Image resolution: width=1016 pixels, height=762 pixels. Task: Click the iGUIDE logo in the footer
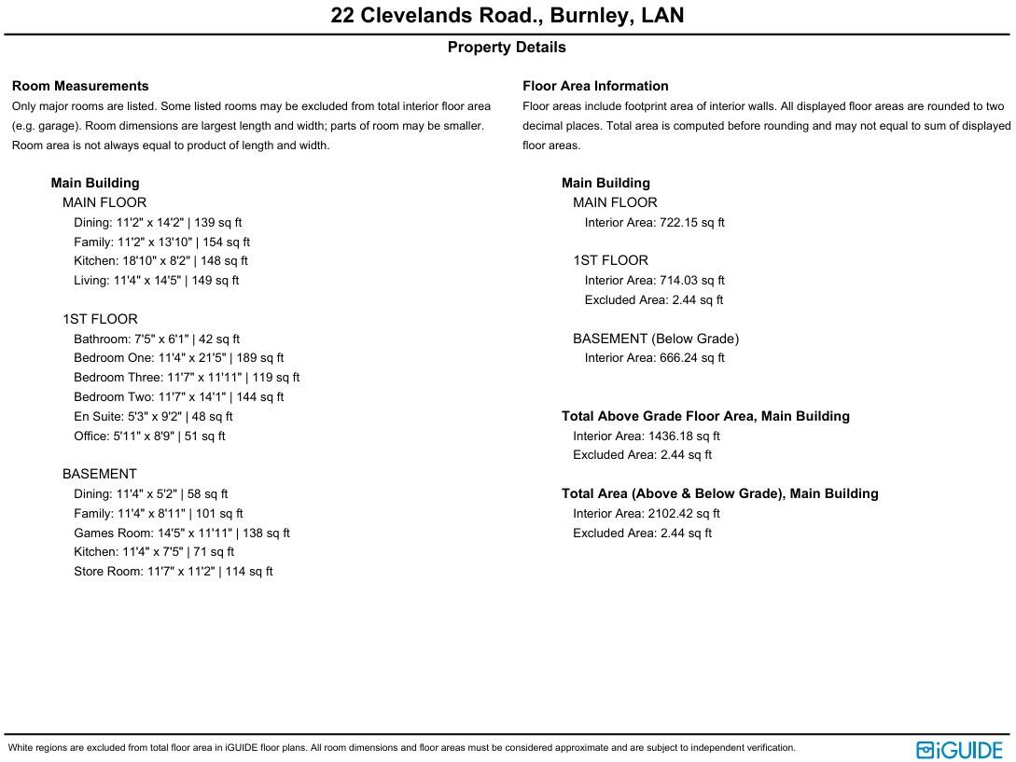click(959, 750)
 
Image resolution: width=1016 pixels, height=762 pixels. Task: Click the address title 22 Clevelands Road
click(507, 16)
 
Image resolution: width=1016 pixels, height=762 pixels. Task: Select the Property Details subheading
click(507, 48)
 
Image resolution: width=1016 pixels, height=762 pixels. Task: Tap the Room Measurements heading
click(80, 86)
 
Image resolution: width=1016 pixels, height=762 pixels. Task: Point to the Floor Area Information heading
click(595, 86)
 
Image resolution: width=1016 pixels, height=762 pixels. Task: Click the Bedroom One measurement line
click(179, 358)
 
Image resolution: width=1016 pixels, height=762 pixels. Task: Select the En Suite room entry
click(153, 417)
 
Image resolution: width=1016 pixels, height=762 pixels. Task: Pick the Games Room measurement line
click(182, 533)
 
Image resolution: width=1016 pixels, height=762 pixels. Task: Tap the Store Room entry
click(174, 572)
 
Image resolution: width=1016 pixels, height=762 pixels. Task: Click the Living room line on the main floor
click(157, 281)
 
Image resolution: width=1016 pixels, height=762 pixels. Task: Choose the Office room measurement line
click(149, 436)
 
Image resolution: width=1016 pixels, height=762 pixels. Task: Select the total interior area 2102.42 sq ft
click(684, 514)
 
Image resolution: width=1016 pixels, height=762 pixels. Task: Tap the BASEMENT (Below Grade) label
click(656, 339)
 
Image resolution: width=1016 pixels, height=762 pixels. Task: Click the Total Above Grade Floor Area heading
click(705, 417)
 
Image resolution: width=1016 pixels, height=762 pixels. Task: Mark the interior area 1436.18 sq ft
click(684, 436)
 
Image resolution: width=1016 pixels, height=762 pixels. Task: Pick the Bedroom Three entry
click(187, 378)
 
